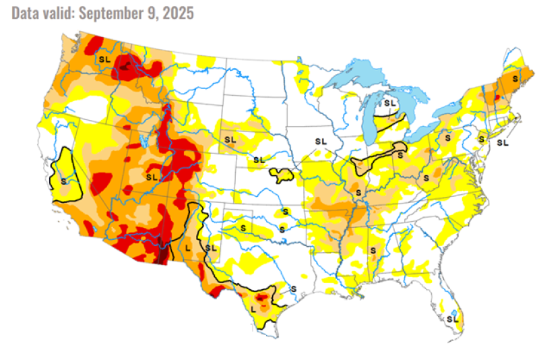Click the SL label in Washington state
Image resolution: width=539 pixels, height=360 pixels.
104,59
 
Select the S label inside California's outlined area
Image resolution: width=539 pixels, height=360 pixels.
63,181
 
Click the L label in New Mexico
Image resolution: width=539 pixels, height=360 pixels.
188,248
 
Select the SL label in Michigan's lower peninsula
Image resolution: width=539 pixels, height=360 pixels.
389,103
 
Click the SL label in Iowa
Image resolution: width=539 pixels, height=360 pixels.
320,141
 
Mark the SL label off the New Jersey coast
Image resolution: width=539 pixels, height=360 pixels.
503,143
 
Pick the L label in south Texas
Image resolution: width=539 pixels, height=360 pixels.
253,309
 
